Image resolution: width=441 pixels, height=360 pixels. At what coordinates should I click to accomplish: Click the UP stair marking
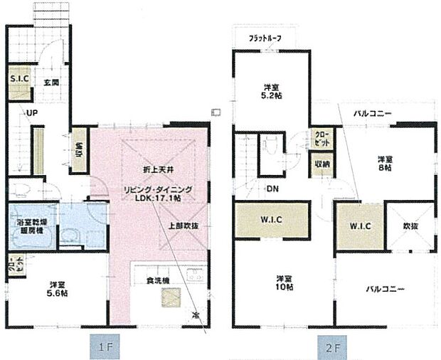[32, 113]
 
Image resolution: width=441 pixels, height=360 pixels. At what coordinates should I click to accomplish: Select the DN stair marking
[273, 189]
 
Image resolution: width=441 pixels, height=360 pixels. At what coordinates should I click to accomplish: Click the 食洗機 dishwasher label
[157, 281]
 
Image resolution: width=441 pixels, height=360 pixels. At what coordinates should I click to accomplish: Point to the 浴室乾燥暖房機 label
[31, 227]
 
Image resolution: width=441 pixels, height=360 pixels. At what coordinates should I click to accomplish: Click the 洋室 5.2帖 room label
[272, 91]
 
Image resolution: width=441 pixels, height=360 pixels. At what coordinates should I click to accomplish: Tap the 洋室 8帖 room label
[385, 165]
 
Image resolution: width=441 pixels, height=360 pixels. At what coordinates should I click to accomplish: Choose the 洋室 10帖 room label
[284, 282]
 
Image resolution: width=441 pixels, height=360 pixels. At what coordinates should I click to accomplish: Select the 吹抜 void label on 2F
[410, 226]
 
